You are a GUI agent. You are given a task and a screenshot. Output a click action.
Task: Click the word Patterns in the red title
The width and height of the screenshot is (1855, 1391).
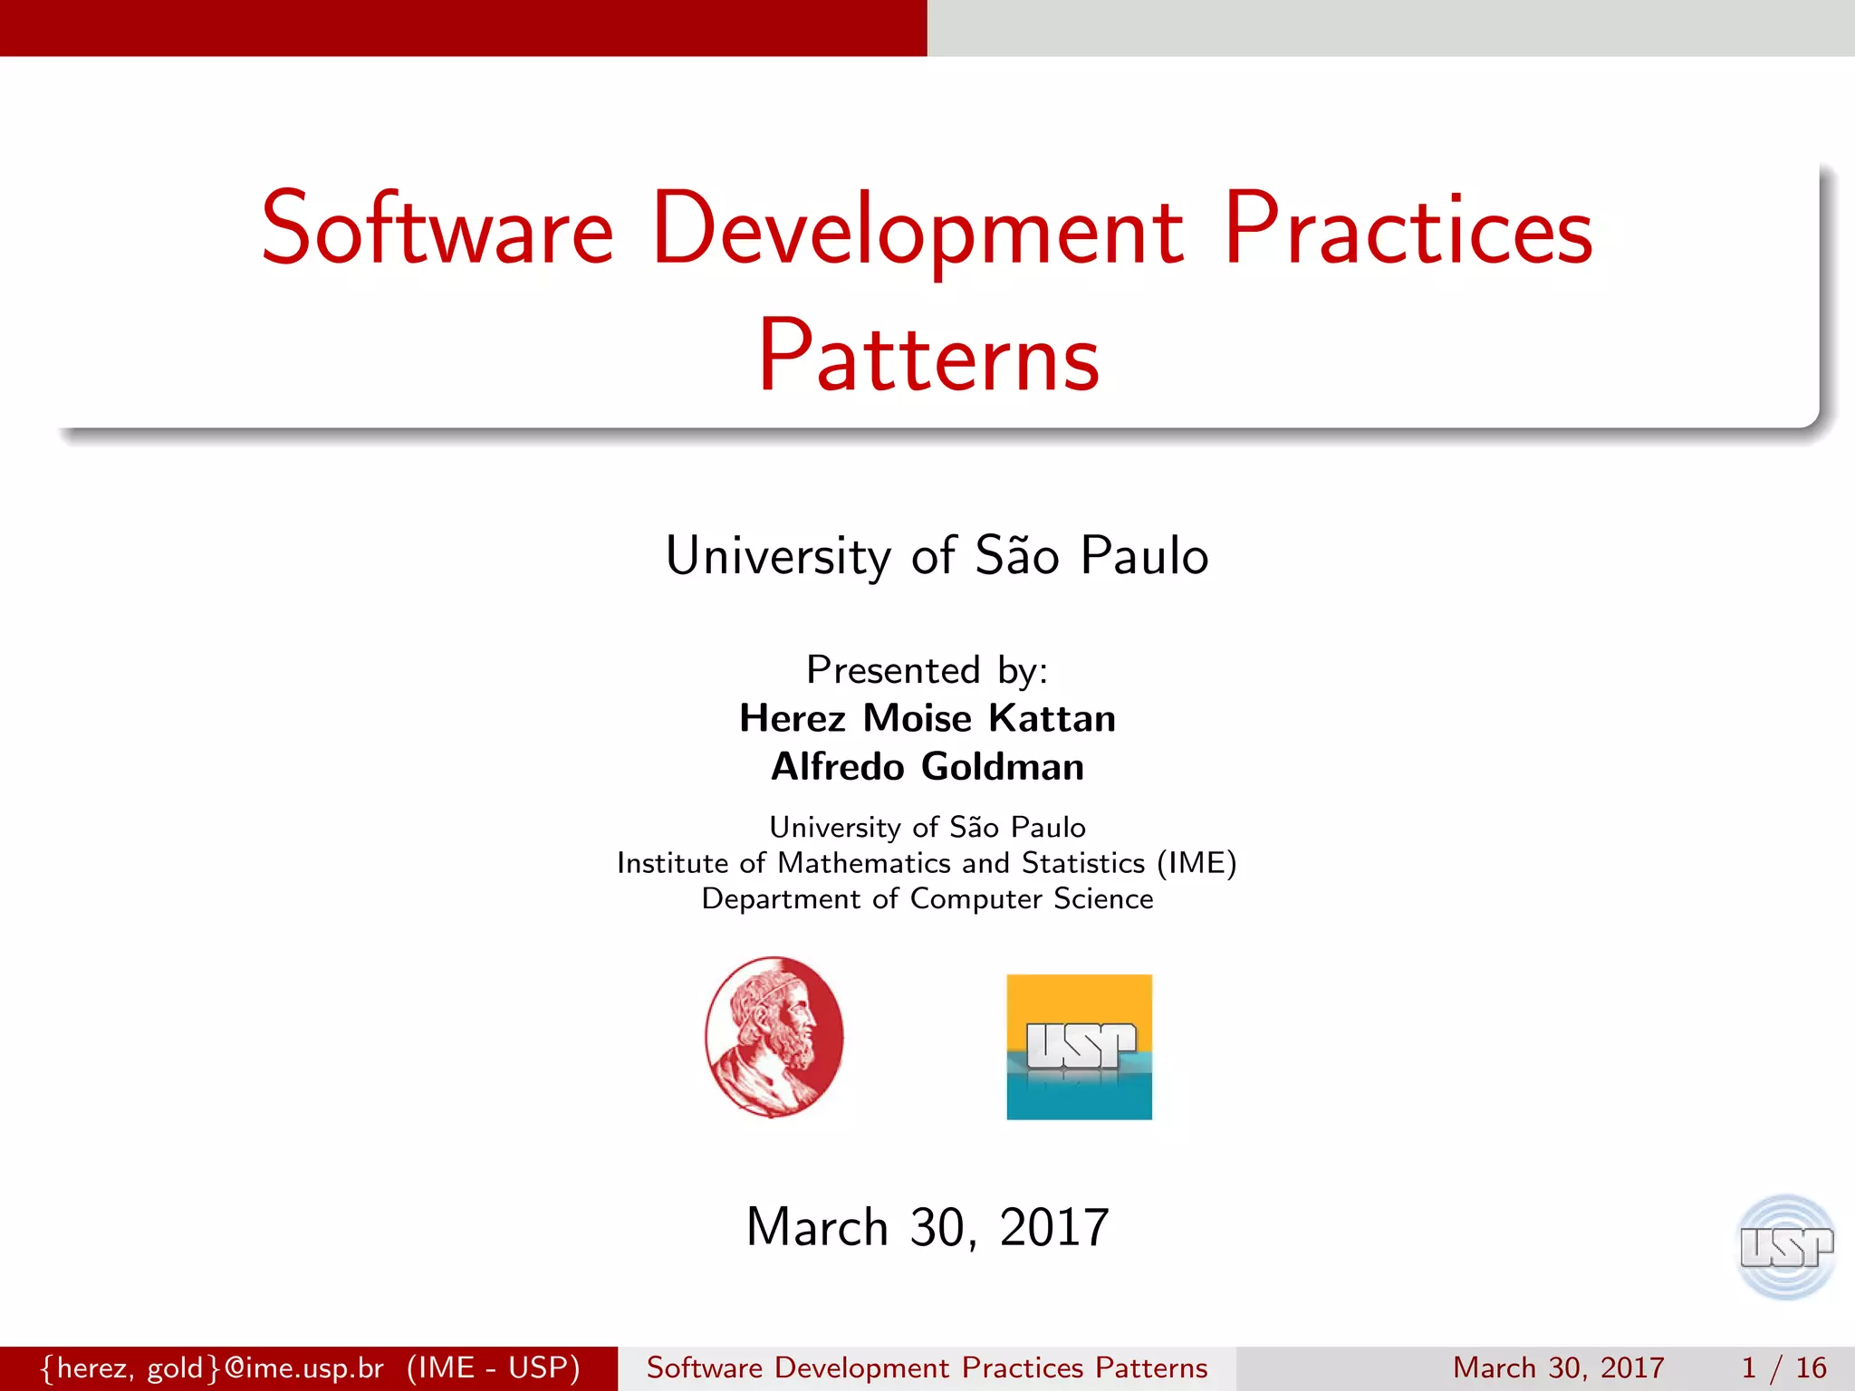[928, 358]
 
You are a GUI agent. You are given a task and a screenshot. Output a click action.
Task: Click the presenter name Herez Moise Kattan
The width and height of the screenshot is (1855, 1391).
[927, 718]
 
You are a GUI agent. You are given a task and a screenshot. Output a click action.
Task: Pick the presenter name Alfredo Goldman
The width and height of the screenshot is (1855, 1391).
[927, 767]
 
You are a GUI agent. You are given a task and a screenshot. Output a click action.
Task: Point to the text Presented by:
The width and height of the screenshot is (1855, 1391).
[927, 670]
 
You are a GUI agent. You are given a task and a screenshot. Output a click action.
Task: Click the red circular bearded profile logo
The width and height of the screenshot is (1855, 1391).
[774, 1037]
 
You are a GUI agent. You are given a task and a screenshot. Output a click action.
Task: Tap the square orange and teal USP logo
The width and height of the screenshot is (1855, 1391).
[1079, 1047]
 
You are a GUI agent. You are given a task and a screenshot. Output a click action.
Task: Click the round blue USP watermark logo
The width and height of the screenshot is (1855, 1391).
[1785, 1247]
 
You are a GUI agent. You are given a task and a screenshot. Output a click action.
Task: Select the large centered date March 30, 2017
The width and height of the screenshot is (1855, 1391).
[927, 1228]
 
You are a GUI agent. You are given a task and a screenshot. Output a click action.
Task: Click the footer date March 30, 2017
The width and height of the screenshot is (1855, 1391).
[1558, 1367]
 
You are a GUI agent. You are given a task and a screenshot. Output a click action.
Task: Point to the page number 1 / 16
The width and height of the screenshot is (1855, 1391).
[1783, 1367]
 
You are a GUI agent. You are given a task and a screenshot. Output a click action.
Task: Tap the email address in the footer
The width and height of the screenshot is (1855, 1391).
[214, 1367]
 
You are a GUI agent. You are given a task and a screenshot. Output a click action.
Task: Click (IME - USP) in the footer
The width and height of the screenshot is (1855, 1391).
[493, 1367]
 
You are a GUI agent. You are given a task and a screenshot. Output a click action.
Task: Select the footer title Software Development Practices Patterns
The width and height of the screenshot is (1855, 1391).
[927, 1367]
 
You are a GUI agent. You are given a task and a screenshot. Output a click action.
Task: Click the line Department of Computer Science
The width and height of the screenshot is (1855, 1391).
[927, 898]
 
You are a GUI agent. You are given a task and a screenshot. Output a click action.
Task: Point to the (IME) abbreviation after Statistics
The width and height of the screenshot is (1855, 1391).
[1197, 863]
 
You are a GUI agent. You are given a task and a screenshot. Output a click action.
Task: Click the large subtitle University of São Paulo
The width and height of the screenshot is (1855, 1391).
[937, 555]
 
